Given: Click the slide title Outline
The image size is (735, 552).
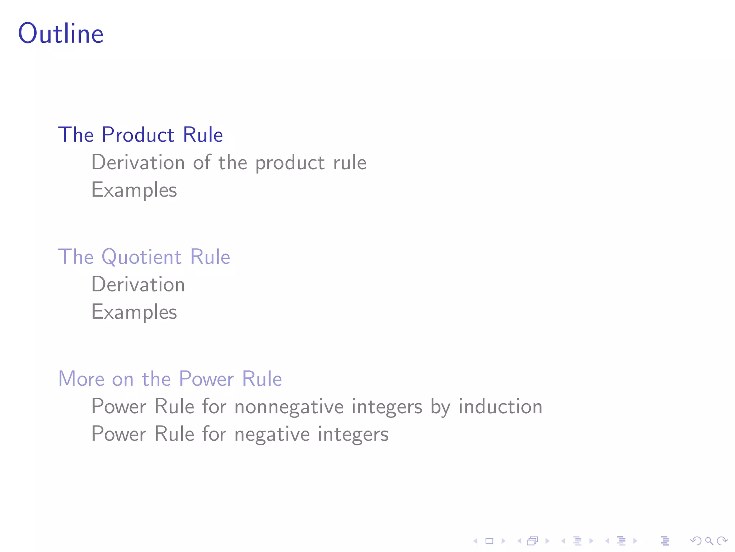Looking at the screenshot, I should click(x=61, y=33).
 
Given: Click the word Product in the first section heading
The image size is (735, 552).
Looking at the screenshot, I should click(x=138, y=135).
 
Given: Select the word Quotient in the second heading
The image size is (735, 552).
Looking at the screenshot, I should click(x=141, y=257).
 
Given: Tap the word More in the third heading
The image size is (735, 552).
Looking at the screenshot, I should click(x=81, y=379).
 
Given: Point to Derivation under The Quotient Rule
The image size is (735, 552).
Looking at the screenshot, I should click(x=138, y=284).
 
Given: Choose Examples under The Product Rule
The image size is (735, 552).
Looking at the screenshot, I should click(x=134, y=190).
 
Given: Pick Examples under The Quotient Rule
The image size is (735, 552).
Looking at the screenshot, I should click(x=134, y=312).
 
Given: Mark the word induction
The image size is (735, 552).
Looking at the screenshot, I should click(x=500, y=406).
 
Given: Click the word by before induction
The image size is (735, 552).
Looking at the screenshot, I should click(x=440, y=407).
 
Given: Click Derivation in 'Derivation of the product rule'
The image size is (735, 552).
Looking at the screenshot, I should click(x=138, y=162).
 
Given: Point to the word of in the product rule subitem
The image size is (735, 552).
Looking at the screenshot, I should click(x=202, y=162).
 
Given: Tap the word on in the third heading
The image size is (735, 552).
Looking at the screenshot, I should click(x=123, y=379).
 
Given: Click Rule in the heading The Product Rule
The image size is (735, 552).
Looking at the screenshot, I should click(x=203, y=135).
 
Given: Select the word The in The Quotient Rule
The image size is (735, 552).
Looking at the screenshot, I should click(x=76, y=257).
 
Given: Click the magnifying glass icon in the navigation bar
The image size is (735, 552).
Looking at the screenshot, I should click(x=709, y=541).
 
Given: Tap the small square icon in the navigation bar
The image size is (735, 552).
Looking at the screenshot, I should click(x=489, y=541).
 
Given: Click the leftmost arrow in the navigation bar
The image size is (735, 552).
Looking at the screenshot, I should click(x=476, y=541).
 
